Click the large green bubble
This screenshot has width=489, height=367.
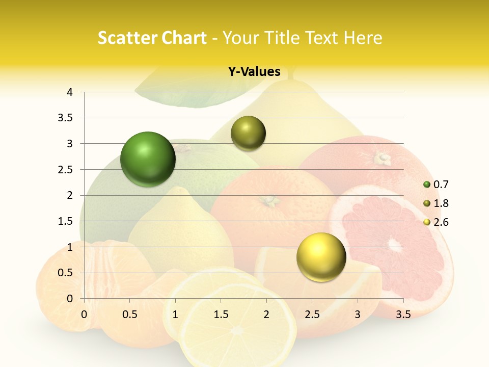point(148,159)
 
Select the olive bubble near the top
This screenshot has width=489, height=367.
point(248,134)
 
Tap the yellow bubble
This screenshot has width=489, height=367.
point(321,257)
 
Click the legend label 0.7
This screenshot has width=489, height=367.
point(441,185)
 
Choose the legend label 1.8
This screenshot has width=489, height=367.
point(441,203)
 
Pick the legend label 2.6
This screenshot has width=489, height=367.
point(441,222)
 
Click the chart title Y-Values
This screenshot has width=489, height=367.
point(254,72)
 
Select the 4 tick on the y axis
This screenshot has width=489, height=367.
point(70,92)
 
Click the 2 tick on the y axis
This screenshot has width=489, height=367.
point(70,195)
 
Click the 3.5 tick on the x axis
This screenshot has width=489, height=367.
point(403,314)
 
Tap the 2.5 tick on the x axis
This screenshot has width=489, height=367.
point(312,314)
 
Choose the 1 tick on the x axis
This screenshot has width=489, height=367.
point(175,314)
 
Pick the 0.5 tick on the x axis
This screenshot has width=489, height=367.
point(129,314)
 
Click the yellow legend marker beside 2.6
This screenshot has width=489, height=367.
point(427,222)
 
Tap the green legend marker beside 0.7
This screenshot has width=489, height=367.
point(427,185)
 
